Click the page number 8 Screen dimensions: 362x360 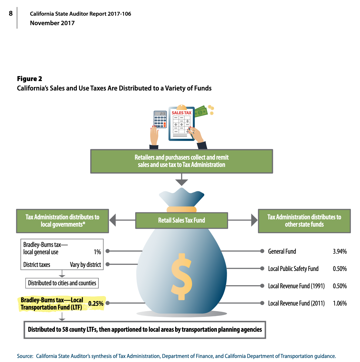pyautogui.click(x=11, y=14)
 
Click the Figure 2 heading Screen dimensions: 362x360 pyautogui.click(x=29, y=79)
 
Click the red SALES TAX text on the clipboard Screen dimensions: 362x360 pyautogui.click(x=181, y=113)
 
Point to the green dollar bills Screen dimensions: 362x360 pyautogui.click(x=201, y=111)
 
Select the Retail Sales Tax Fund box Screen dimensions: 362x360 pyautogui.click(x=181, y=220)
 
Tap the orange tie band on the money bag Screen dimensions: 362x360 pyautogui.click(x=181, y=209)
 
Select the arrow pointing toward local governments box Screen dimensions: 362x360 pyautogui.click(x=113, y=220)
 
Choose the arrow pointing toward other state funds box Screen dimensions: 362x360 pyautogui.click(x=254, y=220)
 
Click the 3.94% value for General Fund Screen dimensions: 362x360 pyautogui.click(x=340, y=252)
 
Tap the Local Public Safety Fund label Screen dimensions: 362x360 pyautogui.click(x=293, y=269)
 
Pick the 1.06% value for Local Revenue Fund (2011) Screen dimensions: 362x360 pyautogui.click(x=340, y=303)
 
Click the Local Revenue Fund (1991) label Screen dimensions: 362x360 pyautogui.click(x=296, y=286)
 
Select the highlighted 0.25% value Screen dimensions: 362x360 pyautogui.click(x=96, y=304)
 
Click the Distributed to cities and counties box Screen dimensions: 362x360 pyautogui.click(x=62, y=283)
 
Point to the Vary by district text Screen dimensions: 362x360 pyautogui.click(x=85, y=265)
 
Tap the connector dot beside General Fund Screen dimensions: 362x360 pyautogui.click(x=262, y=251)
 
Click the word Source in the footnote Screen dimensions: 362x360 pyautogui.click(x=25, y=356)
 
